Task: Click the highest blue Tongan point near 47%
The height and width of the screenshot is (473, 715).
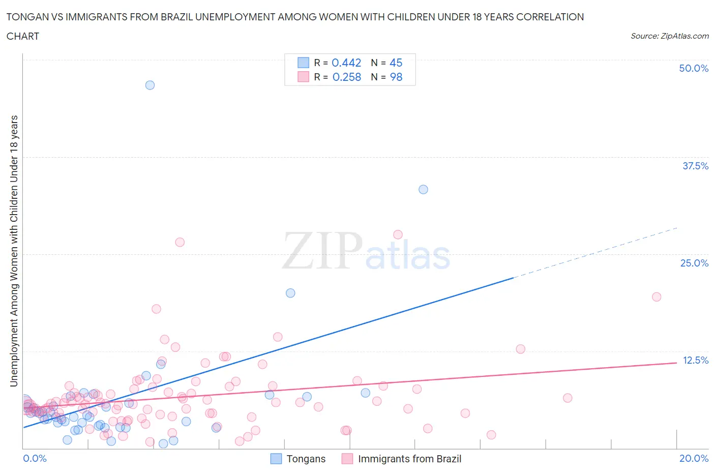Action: click(x=150, y=85)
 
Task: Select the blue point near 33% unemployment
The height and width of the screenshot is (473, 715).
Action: click(x=423, y=189)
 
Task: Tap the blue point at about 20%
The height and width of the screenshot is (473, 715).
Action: click(x=290, y=293)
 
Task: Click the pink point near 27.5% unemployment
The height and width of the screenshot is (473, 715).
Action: click(x=398, y=234)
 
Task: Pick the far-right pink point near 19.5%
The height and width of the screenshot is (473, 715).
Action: click(x=657, y=297)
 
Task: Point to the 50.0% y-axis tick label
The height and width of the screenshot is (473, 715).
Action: click(x=694, y=68)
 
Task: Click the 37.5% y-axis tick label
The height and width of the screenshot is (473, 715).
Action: click(x=695, y=166)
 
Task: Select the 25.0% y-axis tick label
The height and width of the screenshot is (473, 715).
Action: click(x=694, y=263)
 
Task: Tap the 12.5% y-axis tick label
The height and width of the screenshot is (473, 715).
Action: click(x=695, y=360)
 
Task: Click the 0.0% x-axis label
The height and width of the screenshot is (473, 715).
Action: click(x=35, y=458)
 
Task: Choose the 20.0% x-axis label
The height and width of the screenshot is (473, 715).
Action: click(x=694, y=458)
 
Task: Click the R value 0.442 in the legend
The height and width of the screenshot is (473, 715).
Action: click(x=346, y=63)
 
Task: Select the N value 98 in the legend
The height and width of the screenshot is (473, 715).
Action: click(x=396, y=77)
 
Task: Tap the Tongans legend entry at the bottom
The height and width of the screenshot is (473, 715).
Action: click(x=305, y=459)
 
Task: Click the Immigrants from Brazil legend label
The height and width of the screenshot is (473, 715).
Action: click(x=409, y=459)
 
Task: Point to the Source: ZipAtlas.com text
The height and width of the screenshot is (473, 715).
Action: click(x=669, y=36)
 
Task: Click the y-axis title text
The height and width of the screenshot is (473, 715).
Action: click(x=14, y=251)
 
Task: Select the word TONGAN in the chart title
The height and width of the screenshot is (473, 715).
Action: click(x=24, y=17)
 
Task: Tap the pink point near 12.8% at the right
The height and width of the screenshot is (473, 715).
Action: click(x=520, y=349)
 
